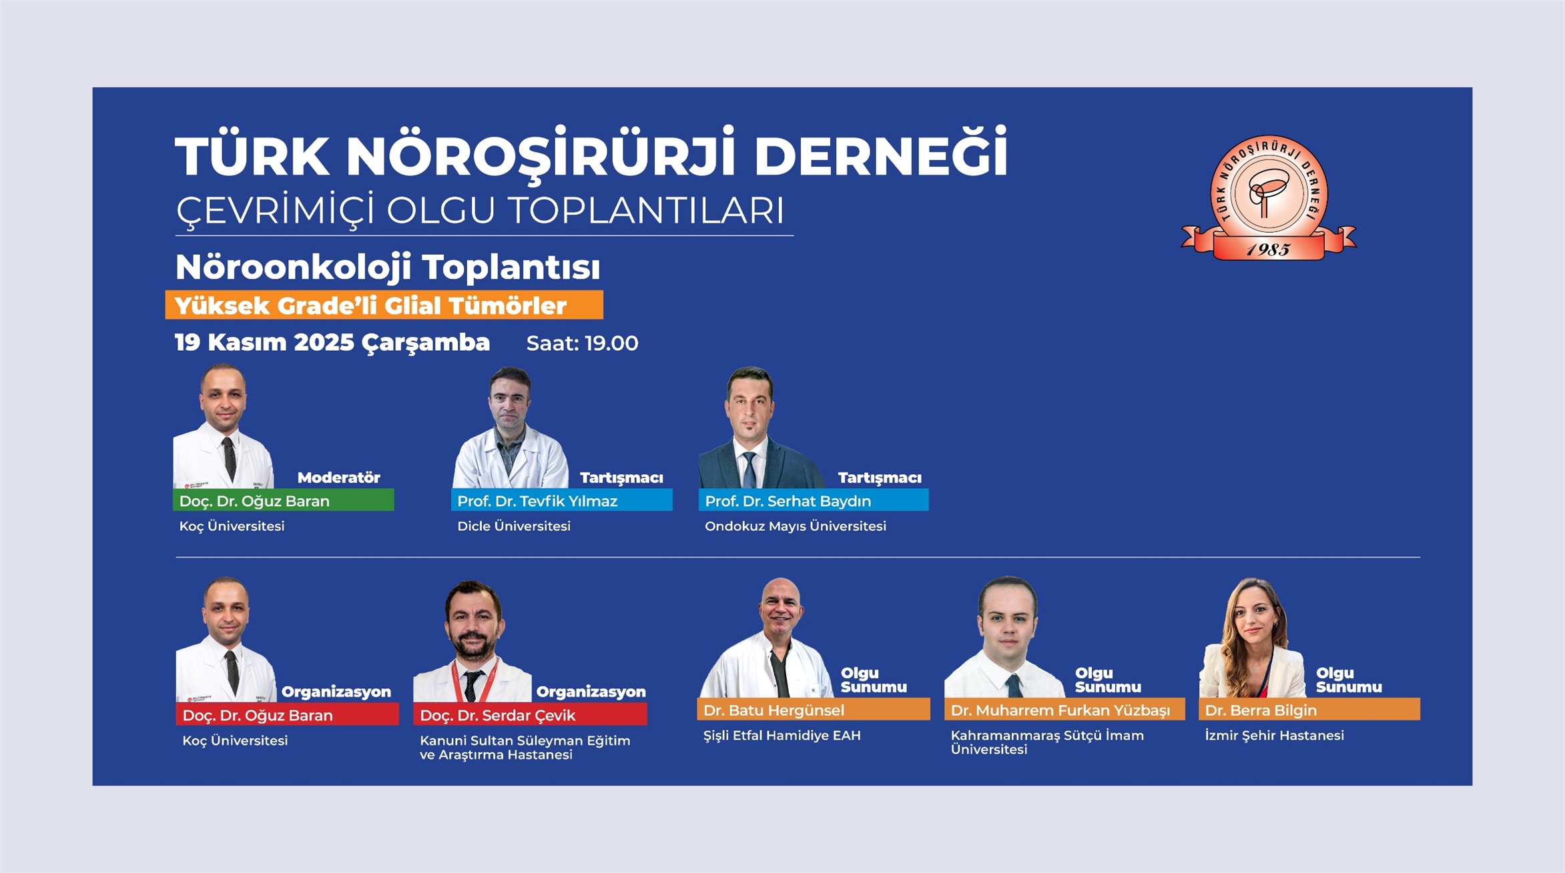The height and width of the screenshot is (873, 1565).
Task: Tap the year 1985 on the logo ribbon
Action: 1268,249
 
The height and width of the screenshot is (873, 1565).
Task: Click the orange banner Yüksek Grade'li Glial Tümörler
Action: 384,305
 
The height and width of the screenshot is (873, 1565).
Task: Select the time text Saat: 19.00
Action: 582,343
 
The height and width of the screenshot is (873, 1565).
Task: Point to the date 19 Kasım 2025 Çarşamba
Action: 332,343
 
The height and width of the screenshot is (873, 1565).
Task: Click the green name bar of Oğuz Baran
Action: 284,500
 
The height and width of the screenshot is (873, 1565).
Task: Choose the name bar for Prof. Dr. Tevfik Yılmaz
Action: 561,500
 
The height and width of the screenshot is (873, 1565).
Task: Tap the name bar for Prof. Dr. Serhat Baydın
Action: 813,500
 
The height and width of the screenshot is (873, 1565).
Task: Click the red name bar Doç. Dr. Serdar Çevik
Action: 530,714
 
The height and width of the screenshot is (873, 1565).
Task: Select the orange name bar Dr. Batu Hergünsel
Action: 813,709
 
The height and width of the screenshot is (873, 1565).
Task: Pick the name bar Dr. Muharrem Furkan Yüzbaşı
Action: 1064,709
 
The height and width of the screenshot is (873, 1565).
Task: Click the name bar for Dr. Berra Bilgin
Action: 1309,709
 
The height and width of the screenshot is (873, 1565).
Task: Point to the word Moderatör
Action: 338,478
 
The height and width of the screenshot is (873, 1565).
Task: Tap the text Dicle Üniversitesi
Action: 514,526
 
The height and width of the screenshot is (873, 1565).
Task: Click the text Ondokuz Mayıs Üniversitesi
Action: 796,526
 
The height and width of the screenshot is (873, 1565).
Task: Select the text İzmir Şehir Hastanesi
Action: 1275,735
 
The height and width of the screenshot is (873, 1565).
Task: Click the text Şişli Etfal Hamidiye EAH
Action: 782,735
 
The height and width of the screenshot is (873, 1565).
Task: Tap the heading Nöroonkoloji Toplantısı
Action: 388,267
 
